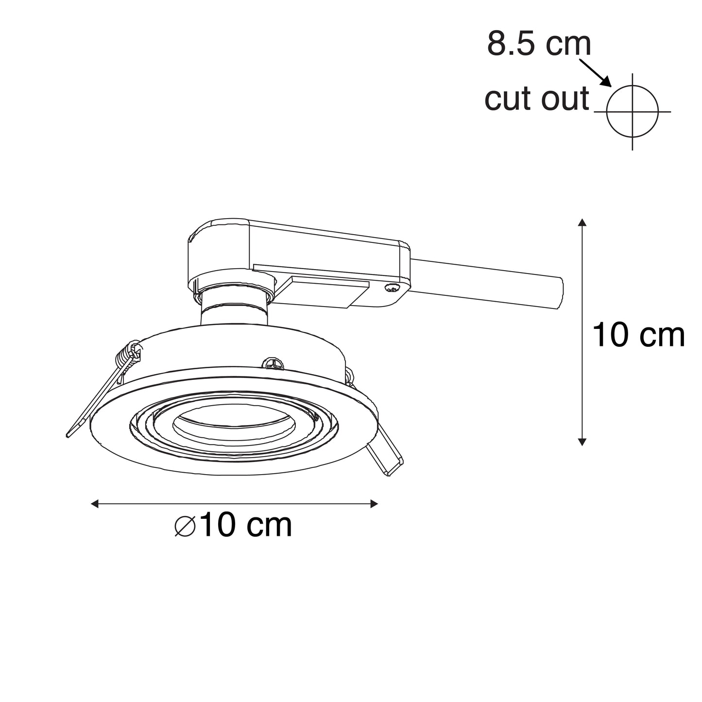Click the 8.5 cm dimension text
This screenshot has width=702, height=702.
539,44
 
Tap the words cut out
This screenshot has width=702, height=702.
537,99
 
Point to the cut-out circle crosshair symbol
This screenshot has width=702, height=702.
633,111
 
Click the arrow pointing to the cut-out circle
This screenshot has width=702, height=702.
595,73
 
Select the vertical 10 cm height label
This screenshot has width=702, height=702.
639,335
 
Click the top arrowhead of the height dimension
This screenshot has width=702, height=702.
582,223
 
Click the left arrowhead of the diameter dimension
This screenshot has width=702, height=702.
95,504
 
